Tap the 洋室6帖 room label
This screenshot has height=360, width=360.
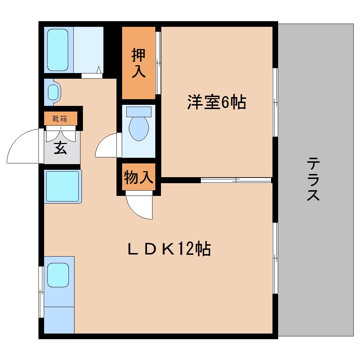tap(216, 102)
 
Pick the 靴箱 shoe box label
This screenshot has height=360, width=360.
tap(60, 119)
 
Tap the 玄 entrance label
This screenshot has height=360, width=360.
tap(60, 148)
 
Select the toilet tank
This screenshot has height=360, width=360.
tap(139, 111)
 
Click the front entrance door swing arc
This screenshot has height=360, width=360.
tap(23, 146)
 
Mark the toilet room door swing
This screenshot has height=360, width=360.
tap(106, 145)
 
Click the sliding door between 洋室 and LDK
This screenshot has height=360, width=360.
tap(236, 180)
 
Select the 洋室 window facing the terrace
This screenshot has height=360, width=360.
tap(275, 102)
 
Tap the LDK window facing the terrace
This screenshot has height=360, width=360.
tap(275, 258)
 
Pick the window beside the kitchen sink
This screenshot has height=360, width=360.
tap(41, 292)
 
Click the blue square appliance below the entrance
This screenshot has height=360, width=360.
tap(62, 186)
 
